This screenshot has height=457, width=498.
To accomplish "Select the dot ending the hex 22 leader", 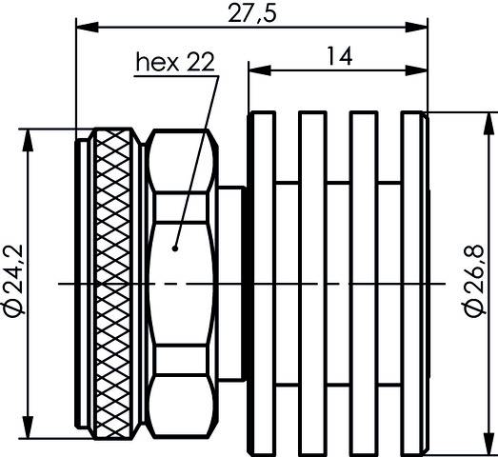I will (x=174, y=248).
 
